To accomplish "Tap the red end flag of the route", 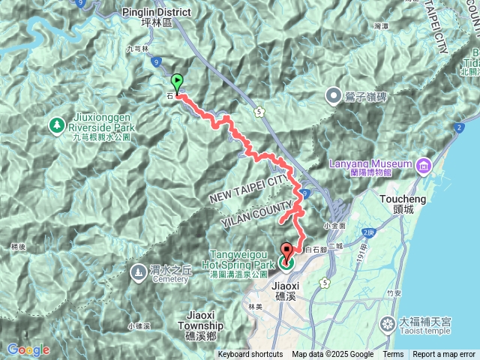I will coord(287,253).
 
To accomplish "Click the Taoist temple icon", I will coord(387,325).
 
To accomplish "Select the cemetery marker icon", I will coord(138,273).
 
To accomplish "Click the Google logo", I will coord(28,349).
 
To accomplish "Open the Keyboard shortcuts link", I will coord(250,355).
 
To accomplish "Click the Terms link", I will coord(393,355).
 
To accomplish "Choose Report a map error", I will coord(445,355).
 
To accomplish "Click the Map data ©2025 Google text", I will coord(332,355).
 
